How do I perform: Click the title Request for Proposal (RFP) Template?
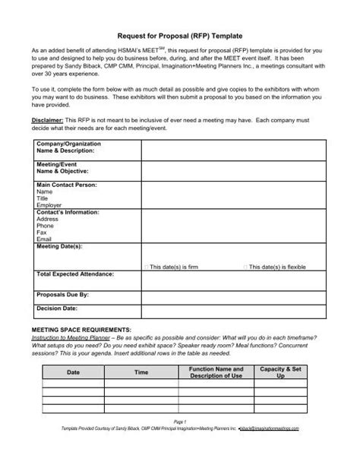click(x=180, y=35)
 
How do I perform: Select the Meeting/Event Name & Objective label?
click(x=62, y=168)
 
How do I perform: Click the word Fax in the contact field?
click(x=41, y=232)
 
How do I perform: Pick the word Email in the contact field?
click(x=43, y=239)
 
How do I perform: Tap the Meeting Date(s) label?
click(x=59, y=247)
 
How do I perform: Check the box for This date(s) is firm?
click(x=146, y=267)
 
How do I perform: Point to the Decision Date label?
click(x=57, y=309)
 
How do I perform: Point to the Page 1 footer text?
click(x=180, y=442)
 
